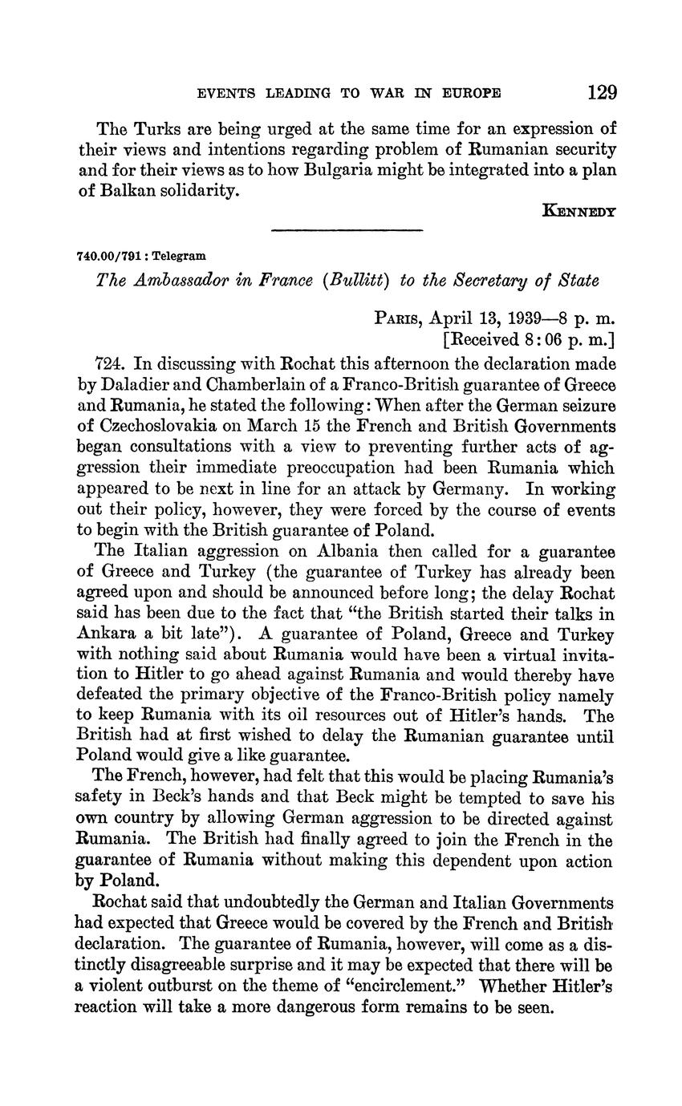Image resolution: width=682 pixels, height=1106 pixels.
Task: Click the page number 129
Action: pos(601,92)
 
